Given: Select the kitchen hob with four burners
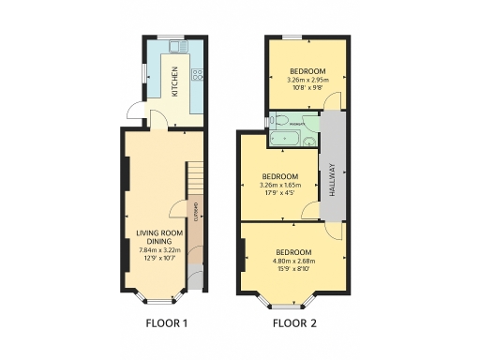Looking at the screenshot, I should coord(197,74).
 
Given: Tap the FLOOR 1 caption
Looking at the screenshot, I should coord(167,324).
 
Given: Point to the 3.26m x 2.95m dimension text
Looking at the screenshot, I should coord(307,82).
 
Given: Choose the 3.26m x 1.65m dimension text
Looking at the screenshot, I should coord(279,186).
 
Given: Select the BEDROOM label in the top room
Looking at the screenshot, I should coord(307,72).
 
